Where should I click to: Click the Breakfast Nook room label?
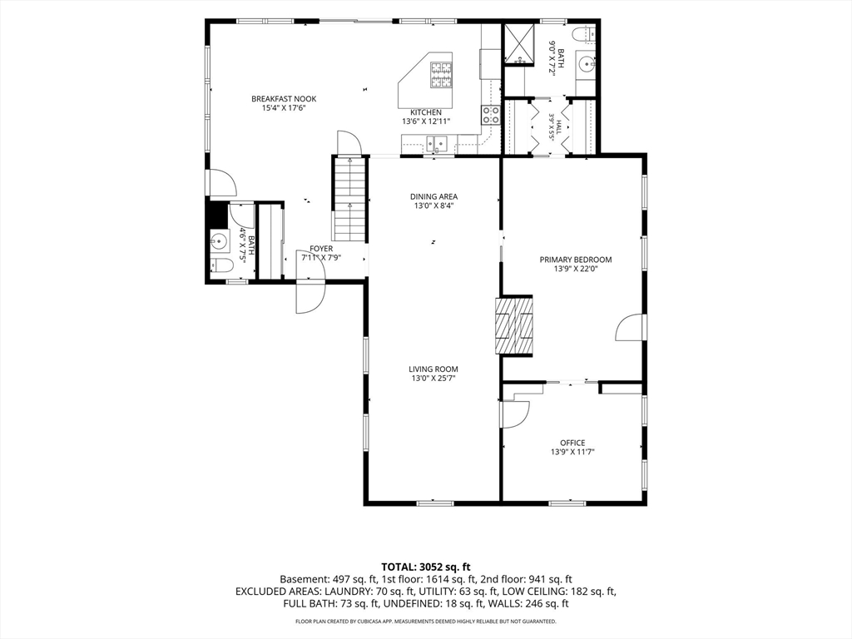284,99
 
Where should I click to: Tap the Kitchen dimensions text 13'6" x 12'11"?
426,121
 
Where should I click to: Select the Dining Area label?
433,196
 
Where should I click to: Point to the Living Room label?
433,369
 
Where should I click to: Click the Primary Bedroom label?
576,260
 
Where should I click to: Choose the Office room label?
572,443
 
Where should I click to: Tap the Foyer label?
321,249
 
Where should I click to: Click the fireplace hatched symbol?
514,326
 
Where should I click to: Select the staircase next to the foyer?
349,199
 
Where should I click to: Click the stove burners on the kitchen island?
441,75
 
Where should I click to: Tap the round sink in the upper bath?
587,64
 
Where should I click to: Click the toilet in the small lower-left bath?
221,265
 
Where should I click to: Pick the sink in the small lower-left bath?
220,240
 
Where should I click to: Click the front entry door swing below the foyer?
310,298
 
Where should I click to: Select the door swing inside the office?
515,415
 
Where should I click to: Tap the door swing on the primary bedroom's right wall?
629,328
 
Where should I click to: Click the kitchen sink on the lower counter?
437,144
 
